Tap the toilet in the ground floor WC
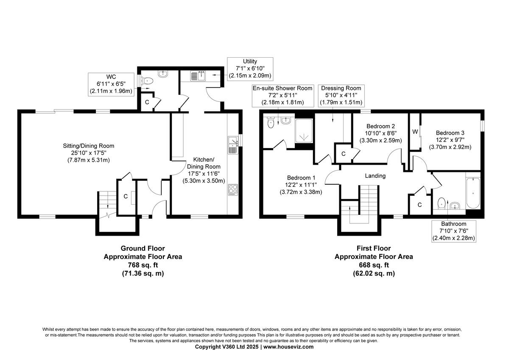147,80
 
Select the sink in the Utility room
197,76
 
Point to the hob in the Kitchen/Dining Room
233,190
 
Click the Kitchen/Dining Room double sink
232,145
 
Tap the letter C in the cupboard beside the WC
147,102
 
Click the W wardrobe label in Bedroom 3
414,132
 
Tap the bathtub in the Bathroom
473,194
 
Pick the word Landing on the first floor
375,176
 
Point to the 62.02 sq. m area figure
374,274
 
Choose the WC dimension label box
110,84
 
